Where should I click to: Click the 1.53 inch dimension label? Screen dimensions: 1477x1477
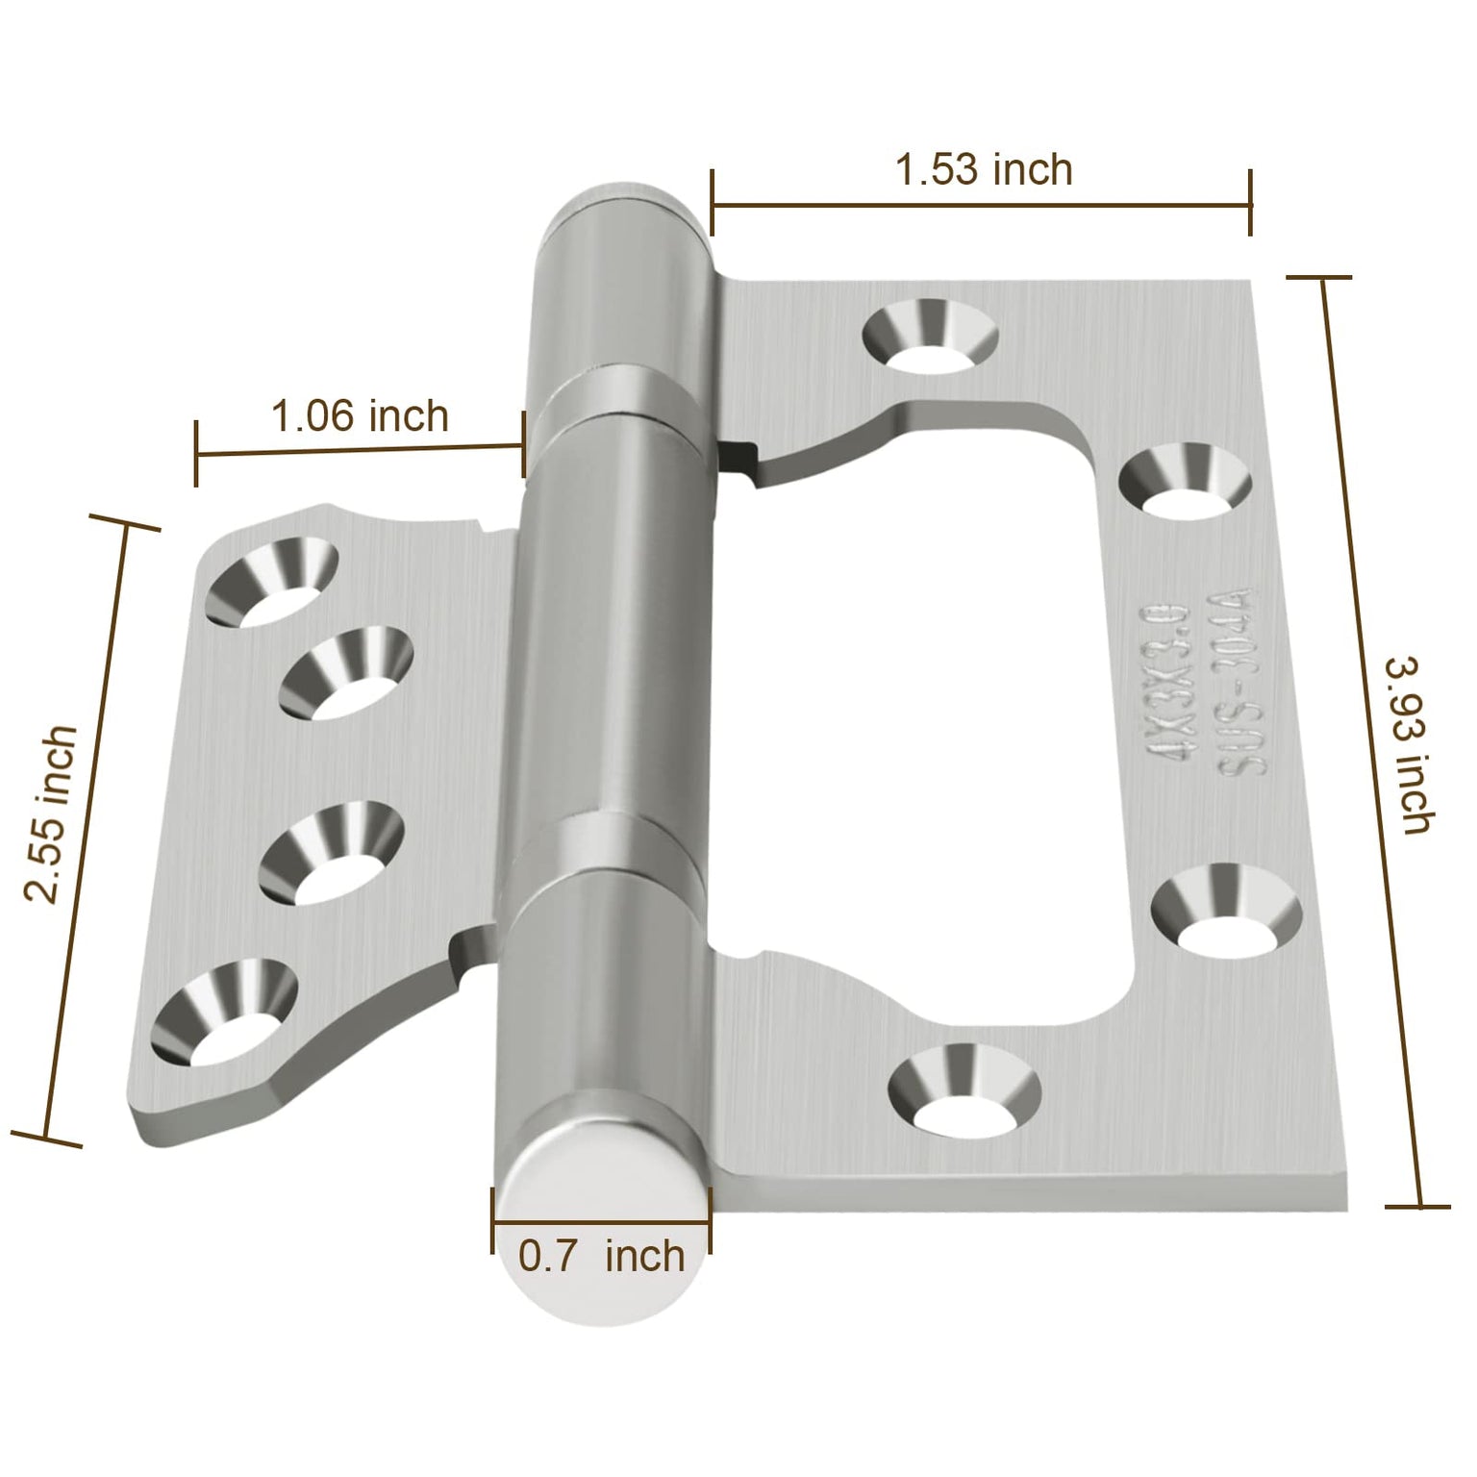[x=983, y=170]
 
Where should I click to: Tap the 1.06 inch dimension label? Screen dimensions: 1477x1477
[x=360, y=417]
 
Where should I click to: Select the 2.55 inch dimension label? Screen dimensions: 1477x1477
[x=50, y=814]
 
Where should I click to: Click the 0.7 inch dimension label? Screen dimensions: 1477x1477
[x=601, y=1257]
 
